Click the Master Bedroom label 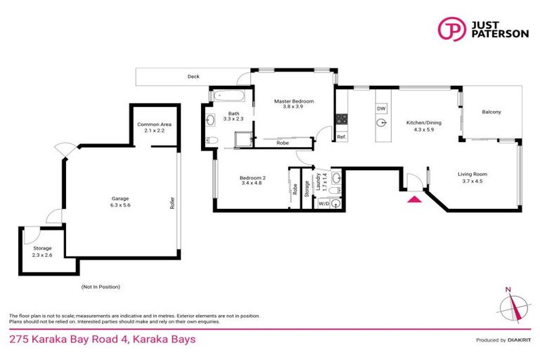pos(293,105)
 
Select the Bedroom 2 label pos(252,181)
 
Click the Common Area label pos(154,127)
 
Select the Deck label pos(193,77)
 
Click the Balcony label pos(491,112)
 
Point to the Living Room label pos(472,177)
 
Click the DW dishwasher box pos(381,109)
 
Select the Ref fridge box pos(341,137)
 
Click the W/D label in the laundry pos(323,203)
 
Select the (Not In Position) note pos(101,287)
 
